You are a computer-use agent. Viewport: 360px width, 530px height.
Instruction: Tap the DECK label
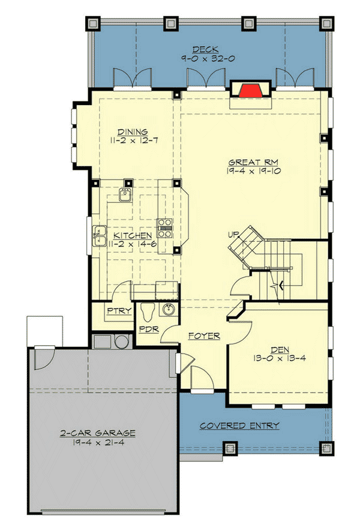(x=205, y=50)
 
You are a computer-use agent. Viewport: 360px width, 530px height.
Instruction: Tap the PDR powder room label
(x=148, y=330)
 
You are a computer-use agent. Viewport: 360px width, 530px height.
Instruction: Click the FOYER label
(x=204, y=336)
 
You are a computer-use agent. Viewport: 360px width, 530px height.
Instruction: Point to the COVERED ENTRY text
(x=239, y=426)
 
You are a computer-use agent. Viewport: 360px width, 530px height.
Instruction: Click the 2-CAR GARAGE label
(x=97, y=432)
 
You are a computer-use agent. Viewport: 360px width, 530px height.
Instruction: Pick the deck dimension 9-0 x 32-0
(x=205, y=59)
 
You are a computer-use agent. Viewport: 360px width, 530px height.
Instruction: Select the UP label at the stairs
(x=234, y=233)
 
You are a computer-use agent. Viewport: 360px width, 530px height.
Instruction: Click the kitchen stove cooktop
(x=165, y=226)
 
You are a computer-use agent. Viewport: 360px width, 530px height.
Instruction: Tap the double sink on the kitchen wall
(x=98, y=236)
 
